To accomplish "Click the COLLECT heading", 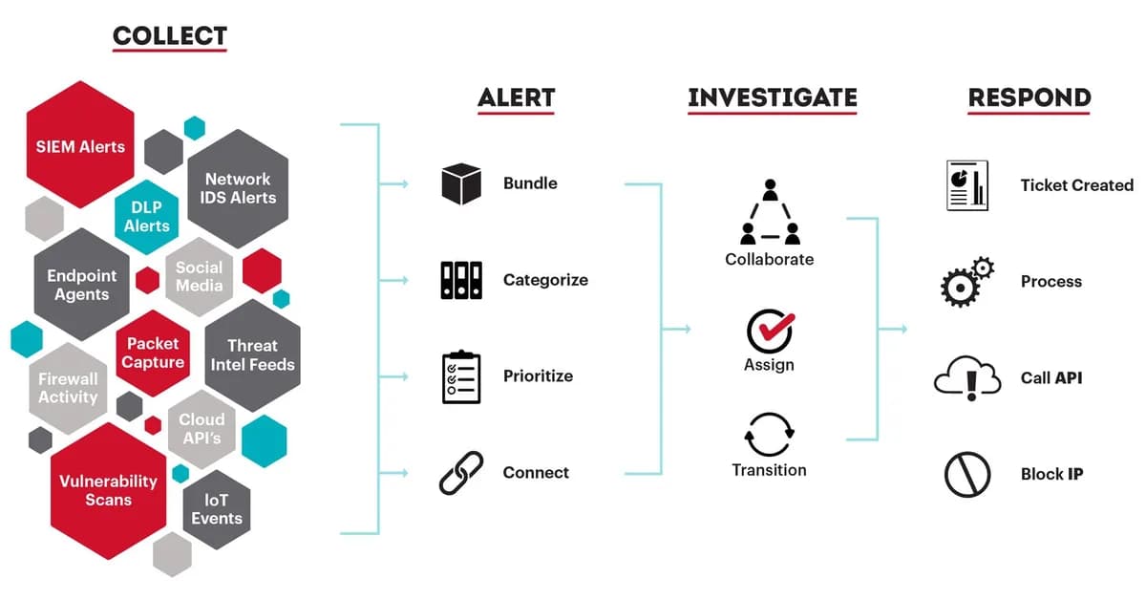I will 169,36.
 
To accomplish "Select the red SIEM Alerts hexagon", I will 80,146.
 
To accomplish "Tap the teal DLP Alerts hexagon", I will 146,217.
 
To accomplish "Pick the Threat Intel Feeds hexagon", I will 253,354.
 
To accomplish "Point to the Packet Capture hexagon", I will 153,353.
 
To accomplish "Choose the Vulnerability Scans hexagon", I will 108,489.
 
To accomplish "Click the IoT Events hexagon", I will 217,508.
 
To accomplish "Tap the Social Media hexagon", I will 199,276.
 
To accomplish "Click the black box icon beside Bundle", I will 461,183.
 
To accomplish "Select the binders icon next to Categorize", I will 461,280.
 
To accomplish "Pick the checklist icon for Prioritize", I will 461,376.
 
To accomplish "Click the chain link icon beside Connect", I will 461,473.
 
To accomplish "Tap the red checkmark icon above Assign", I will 770,331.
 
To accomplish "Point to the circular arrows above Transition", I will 769,435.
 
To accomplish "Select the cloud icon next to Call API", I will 967,378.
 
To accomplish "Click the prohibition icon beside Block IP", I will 967,475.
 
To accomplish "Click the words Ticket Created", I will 1076,185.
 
